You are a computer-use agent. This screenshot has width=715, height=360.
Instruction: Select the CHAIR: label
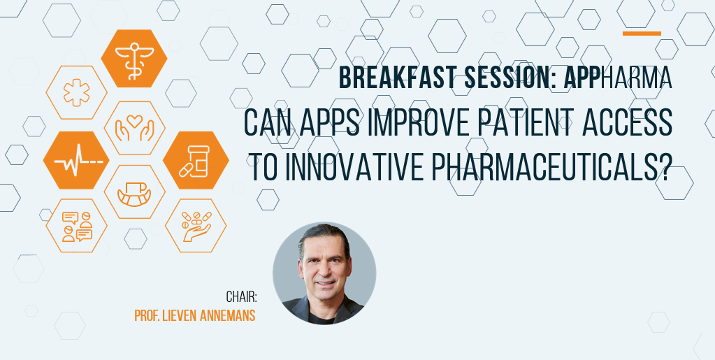click(242, 298)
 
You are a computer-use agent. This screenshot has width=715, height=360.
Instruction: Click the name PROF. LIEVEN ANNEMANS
click(195, 316)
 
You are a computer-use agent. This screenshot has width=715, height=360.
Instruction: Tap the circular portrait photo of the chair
click(325, 274)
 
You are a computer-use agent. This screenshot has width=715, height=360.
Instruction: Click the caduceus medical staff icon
click(134, 59)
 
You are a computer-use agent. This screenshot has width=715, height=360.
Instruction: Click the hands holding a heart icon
click(134, 128)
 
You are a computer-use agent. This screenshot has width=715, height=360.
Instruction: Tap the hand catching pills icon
click(196, 226)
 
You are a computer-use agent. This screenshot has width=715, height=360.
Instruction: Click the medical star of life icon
click(77, 93)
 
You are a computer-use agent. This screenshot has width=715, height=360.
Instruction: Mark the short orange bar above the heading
click(642, 34)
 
